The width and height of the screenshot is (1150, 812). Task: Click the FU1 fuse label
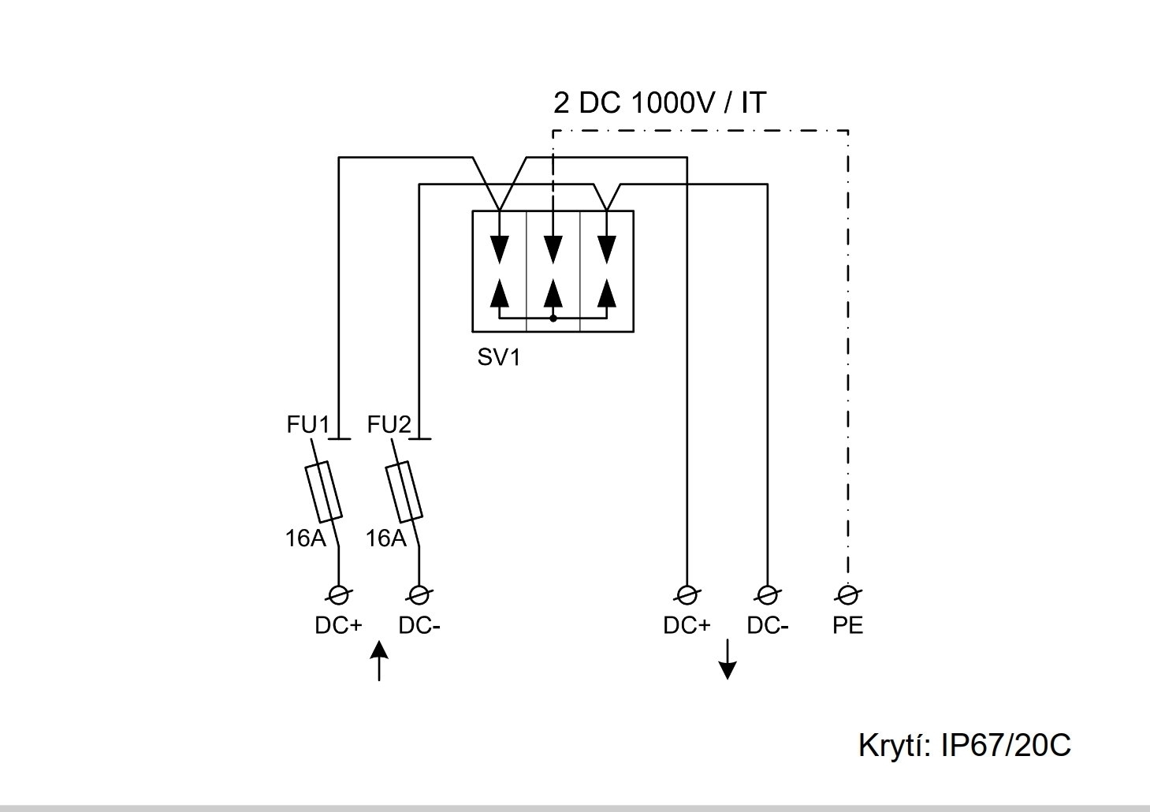pos(307,425)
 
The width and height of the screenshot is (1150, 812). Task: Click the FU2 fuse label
pos(389,425)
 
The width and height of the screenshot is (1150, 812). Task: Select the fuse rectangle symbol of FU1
pos(323,491)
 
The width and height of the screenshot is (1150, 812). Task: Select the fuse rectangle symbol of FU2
pos(404,491)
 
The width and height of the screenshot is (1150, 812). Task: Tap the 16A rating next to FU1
pos(305,538)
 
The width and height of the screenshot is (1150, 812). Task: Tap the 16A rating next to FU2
pos(385,538)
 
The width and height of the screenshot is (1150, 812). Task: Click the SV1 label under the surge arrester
pos(499,358)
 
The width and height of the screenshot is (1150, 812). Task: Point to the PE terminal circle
pos(847,594)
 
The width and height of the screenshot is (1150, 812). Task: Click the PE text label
pos(847,626)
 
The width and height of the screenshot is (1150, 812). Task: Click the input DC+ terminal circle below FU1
pos(339,594)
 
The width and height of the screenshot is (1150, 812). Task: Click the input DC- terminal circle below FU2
pos(419,594)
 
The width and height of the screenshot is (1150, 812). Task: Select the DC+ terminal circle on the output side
pos(687,594)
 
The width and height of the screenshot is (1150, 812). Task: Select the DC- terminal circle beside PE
pos(766,594)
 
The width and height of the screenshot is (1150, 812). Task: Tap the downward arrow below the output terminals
pos(728,660)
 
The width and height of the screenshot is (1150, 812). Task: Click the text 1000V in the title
pos(668,103)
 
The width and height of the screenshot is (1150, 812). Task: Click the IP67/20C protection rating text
pos(1007,745)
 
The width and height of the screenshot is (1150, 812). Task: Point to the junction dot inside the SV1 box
pos(553,318)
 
